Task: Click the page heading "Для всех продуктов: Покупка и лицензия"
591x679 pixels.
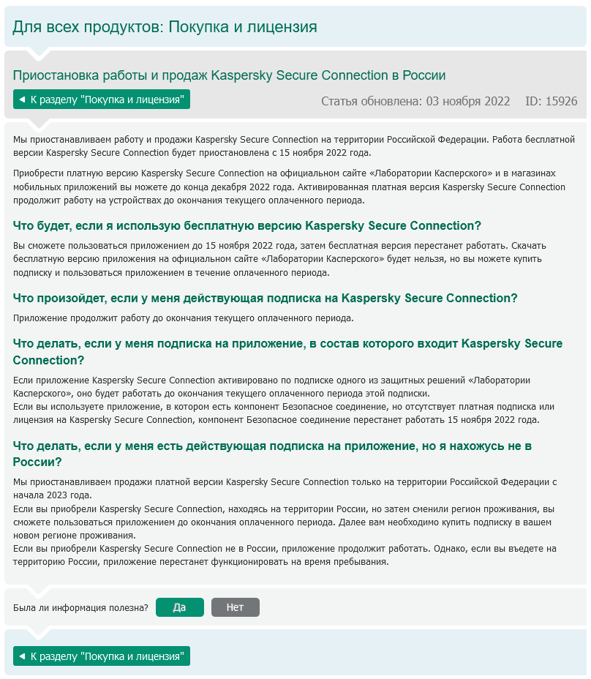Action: click(x=165, y=27)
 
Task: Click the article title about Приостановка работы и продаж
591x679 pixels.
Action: click(x=229, y=75)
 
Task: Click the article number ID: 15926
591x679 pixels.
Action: click(x=551, y=101)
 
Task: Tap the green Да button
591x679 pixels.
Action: click(x=179, y=607)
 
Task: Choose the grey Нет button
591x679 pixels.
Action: click(x=235, y=607)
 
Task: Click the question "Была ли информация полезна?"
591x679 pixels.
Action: click(x=81, y=607)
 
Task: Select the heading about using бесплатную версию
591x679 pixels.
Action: click(x=247, y=225)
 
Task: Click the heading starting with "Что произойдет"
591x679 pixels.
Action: click(x=266, y=298)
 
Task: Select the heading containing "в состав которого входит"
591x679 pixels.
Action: click(x=287, y=351)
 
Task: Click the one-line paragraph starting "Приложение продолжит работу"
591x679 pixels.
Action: click(x=184, y=318)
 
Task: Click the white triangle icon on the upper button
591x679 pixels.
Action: click(x=22, y=99)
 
